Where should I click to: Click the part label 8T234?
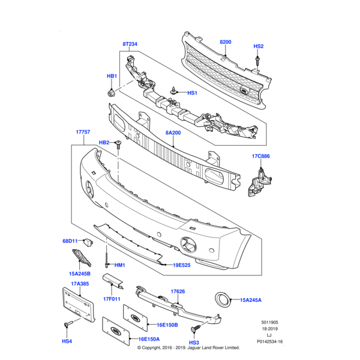(130, 44)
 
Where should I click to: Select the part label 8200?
(225, 42)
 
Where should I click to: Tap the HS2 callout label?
(258, 46)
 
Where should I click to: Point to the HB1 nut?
(112, 92)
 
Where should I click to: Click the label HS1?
(192, 93)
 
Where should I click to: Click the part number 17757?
(83, 131)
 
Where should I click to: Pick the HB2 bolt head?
(119, 143)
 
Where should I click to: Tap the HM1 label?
(119, 265)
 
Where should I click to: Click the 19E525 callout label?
(182, 265)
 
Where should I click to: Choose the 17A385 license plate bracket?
(77, 305)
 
